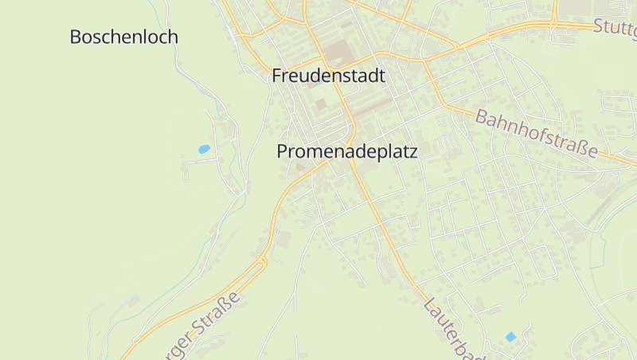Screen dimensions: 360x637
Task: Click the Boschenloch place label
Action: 123,37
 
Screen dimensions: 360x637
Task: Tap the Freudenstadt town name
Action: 328,76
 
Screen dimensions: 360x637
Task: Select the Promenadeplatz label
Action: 347,151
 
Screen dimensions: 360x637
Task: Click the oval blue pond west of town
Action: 204,149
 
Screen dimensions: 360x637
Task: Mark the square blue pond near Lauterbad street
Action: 510,337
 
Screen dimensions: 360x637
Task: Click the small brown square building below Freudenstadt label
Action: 321,104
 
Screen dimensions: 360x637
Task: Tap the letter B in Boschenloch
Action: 76,37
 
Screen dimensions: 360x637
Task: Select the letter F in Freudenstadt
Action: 277,76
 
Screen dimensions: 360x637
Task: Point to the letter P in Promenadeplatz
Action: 283,151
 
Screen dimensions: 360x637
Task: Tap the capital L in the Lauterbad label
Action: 430,305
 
